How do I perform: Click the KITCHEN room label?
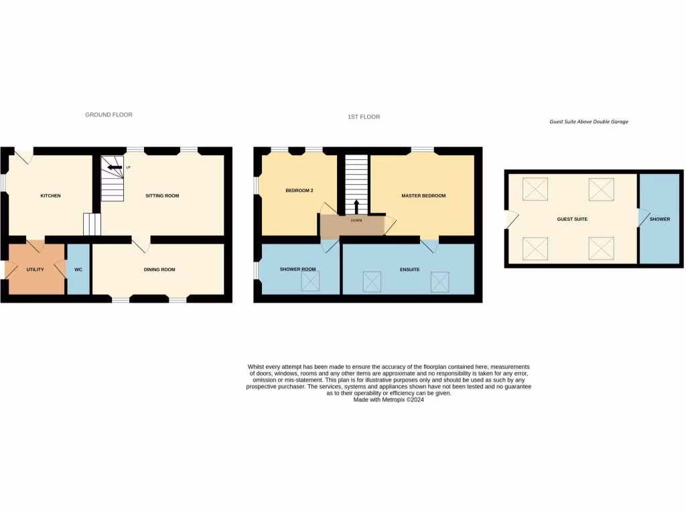click(50, 196)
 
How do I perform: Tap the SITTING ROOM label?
click(162, 196)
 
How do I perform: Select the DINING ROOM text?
click(159, 270)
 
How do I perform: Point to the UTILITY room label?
click(35, 270)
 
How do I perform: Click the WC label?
click(78, 270)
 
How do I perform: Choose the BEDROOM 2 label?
click(299, 191)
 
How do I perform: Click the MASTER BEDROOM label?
click(423, 196)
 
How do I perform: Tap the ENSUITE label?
click(409, 270)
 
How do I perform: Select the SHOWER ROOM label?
click(297, 270)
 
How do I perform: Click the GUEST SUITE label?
click(572, 220)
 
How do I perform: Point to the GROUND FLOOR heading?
click(109, 115)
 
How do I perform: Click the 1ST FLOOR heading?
click(364, 117)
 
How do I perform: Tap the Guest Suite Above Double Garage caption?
click(589, 122)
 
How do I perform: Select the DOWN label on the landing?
click(356, 219)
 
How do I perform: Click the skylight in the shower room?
click(312, 282)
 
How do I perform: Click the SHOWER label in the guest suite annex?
click(660, 220)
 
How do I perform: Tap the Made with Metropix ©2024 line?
click(389, 400)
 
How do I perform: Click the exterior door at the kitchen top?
click(24, 155)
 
